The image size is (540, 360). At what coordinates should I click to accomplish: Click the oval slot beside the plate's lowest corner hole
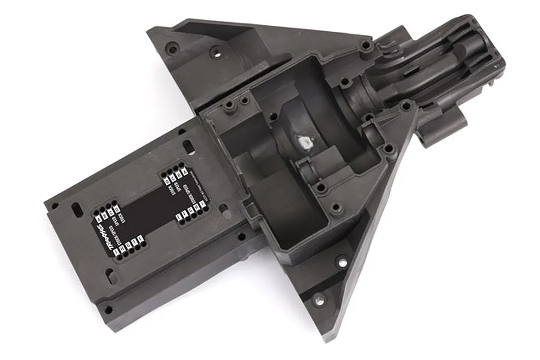[110, 277]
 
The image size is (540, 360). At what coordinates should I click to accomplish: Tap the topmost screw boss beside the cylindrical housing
[365, 45]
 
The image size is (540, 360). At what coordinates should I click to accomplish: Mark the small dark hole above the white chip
[274, 115]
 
